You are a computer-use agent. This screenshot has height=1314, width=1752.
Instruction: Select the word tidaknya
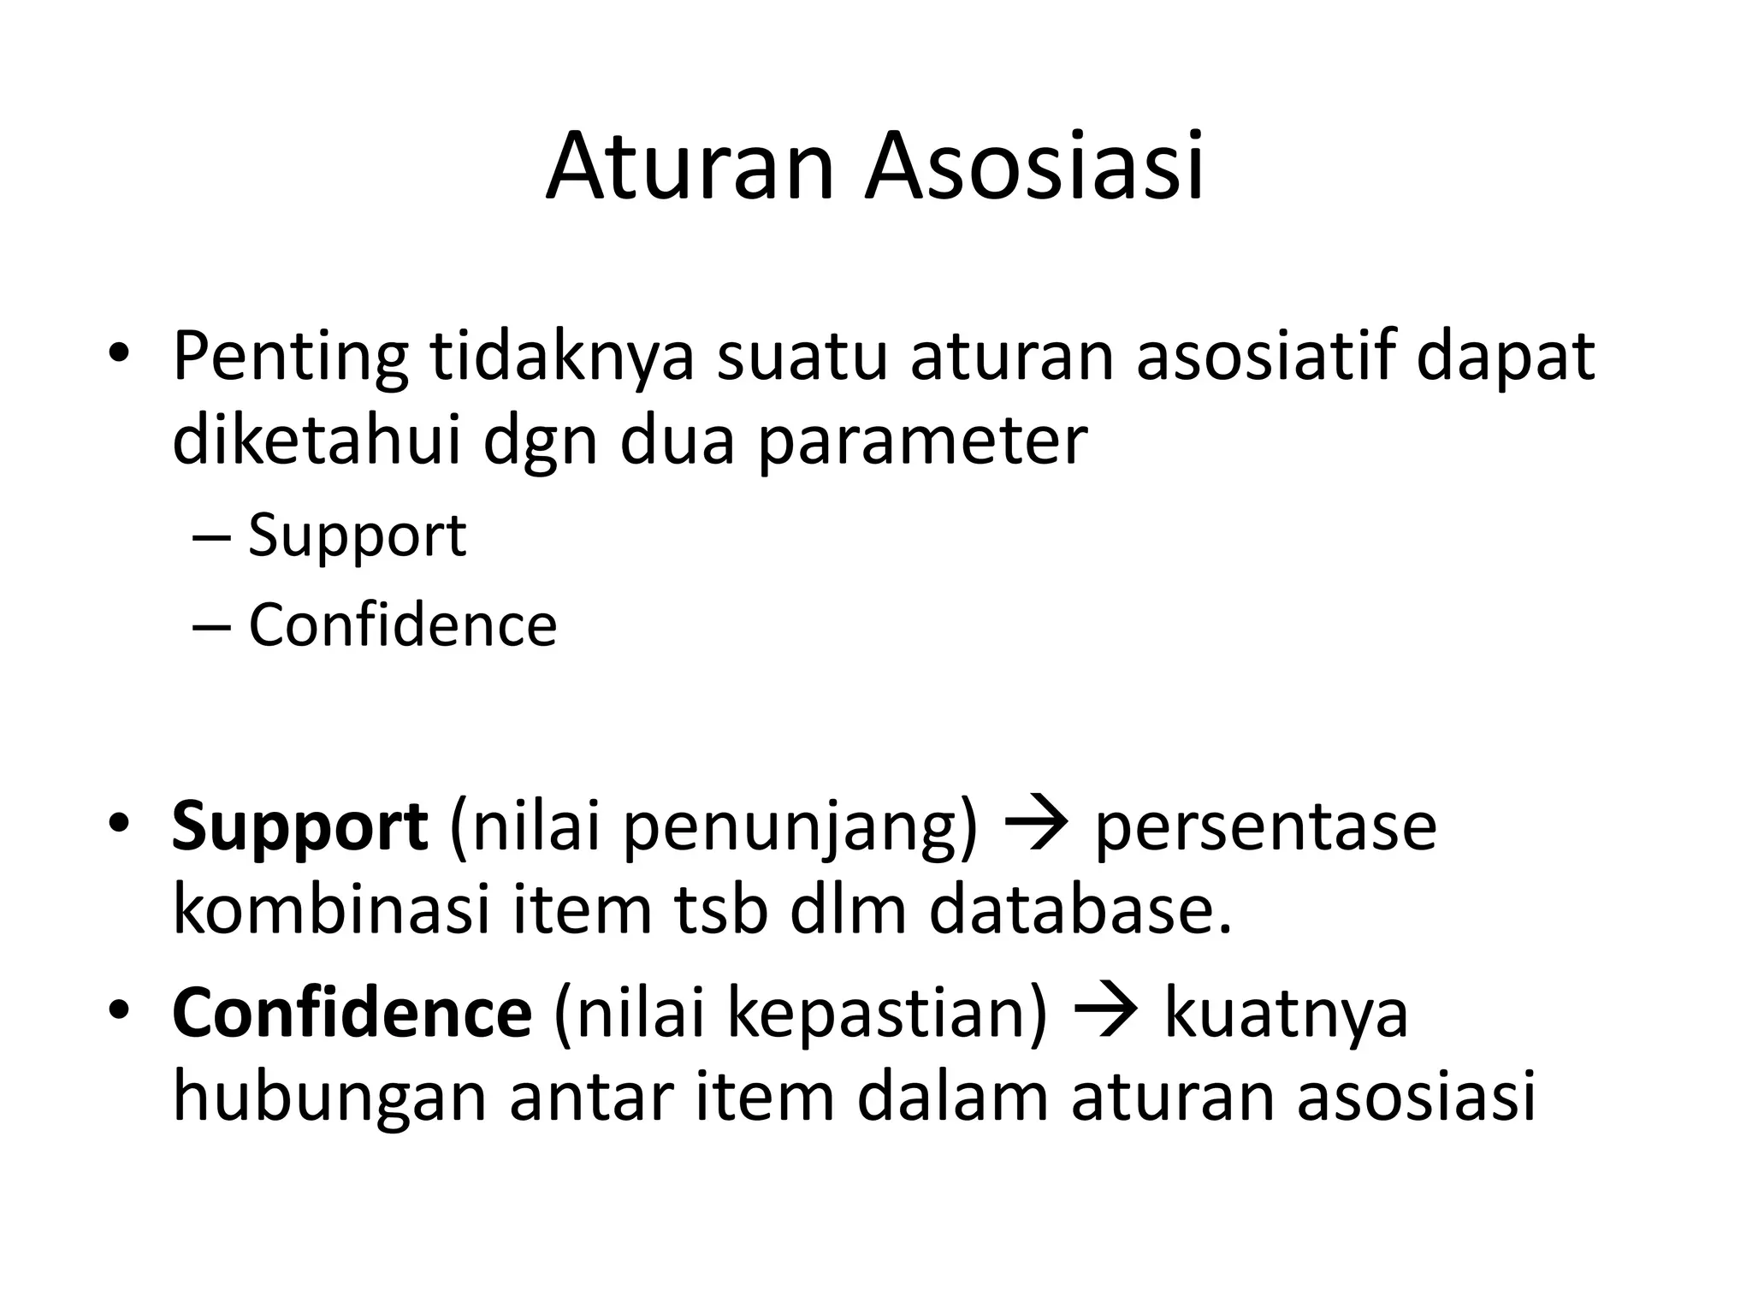[561, 357]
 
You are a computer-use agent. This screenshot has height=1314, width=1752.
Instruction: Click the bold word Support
[299, 828]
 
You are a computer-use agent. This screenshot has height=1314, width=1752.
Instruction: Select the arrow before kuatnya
[1105, 1011]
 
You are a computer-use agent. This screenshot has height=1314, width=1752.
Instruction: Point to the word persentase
[1265, 828]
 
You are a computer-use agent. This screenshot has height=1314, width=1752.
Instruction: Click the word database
[1081, 910]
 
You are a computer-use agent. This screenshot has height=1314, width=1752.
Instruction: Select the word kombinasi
[332, 910]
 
